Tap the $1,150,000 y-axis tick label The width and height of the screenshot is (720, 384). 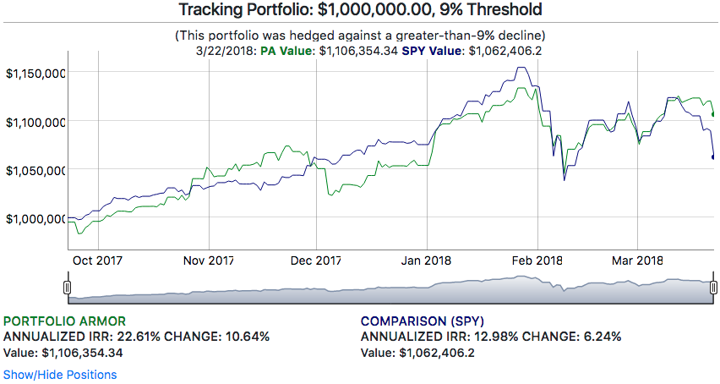(x=35, y=74)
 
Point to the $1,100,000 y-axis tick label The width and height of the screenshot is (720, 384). (x=35, y=122)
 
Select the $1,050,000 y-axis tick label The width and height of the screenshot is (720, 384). (x=35, y=170)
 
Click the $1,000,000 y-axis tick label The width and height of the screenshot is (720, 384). (x=35, y=218)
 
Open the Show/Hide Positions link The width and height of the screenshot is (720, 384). (x=60, y=374)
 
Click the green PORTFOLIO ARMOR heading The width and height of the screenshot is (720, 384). (x=65, y=321)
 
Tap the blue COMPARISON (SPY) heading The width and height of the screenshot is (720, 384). (x=422, y=321)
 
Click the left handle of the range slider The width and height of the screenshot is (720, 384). (x=67, y=288)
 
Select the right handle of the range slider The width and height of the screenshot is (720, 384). (x=713, y=288)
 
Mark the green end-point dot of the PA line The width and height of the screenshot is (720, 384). (x=714, y=113)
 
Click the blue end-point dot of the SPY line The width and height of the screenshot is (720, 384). (x=714, y=156)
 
